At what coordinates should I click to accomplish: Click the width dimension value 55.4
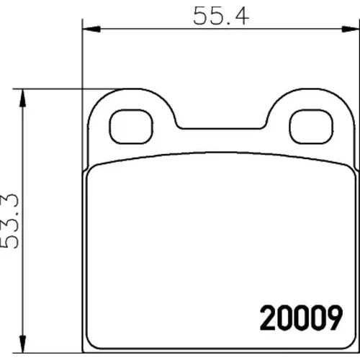(x=221, y=16)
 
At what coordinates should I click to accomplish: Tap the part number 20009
(x=301, y=318)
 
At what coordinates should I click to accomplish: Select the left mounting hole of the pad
(x=131, y=127)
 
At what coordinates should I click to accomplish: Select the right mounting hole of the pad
(x=311, y=127)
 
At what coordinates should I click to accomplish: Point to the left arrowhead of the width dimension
(x=91, y=29)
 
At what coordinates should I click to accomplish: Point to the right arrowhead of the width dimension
(x=351, y=29)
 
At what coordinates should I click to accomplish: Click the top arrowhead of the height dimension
(x=22, y=98)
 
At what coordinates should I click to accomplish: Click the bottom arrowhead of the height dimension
(x=22, y=344)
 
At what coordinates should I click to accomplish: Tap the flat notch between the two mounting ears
(x=221, y=129)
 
